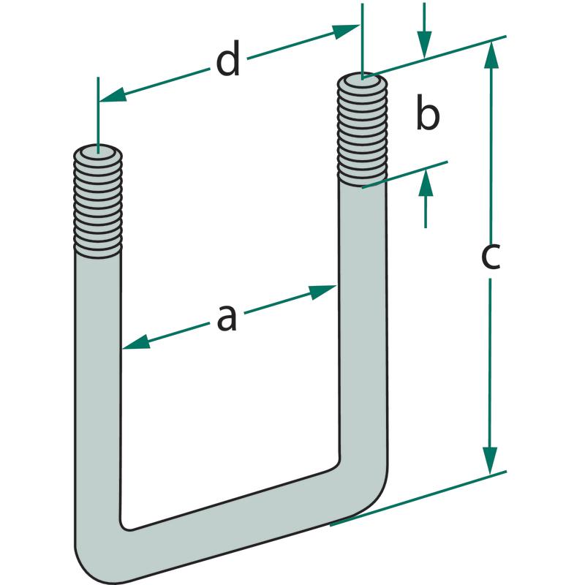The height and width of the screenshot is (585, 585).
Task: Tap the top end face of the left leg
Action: (98, 154)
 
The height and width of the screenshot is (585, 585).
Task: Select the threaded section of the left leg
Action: (97, 205)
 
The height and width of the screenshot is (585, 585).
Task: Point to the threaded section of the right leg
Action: (361, 132)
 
